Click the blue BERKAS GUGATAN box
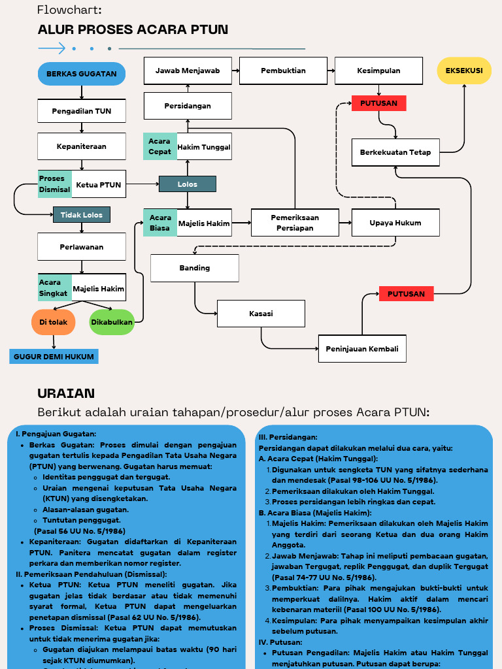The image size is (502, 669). click(81, 74)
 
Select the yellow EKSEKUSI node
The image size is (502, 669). click(464, 71)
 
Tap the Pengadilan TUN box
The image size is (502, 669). click(82, 111)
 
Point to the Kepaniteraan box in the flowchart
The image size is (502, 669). click(82, 146)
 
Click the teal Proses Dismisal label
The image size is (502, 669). click(55, 184)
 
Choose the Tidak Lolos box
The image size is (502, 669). click(82, 214)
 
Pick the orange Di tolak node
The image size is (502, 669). click(54, 322)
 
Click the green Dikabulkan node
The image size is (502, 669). click(112, 322)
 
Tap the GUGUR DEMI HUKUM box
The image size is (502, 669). click(54, 357)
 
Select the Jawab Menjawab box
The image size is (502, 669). click(188, 71)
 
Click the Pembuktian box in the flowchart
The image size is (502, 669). click(283, 71)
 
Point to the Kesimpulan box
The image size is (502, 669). click(378, 71)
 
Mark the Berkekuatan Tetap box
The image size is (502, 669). click(395, 152)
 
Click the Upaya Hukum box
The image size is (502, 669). click(395, 223)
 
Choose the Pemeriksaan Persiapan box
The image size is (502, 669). click(295, 223)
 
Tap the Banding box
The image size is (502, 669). click(195, 268)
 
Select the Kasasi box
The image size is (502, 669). click(261, 314)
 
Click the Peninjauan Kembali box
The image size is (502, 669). click(362, 349)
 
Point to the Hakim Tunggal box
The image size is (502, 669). click(204, 147)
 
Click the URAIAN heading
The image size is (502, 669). click(66, 393)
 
